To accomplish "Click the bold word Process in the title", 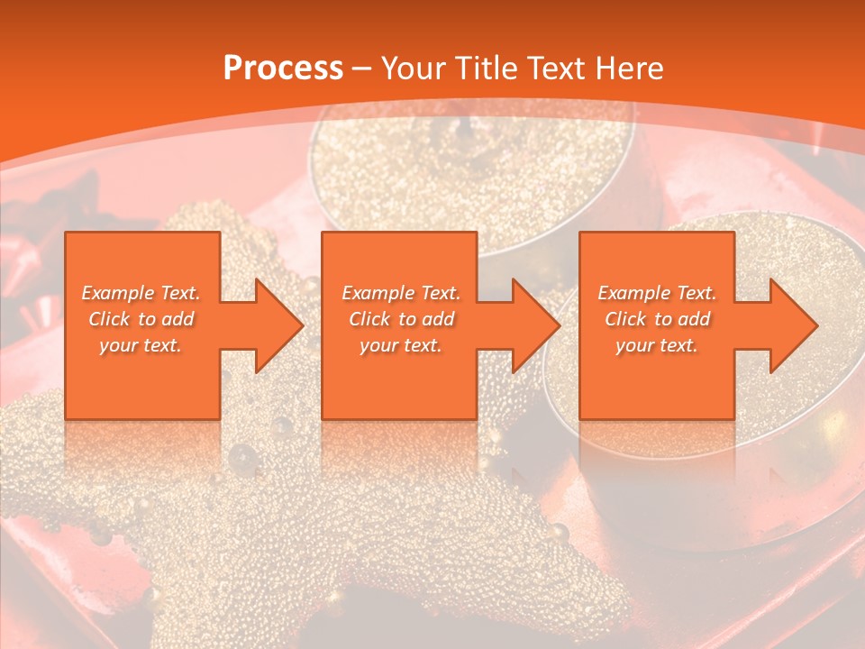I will pyautogui.click(x=283, y=69).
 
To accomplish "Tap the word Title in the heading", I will pyautogui.click(x=481, y=69).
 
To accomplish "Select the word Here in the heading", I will pyautogui.click(x=630, y=69).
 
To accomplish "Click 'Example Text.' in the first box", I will pyautogui.click(x=141, y=293).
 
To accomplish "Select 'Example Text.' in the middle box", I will pyautogui.click(x=400, y=293).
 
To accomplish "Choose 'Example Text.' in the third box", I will pyautogui.click(x=657, y=293).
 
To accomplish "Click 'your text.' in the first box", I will pyautogui.click(x=141, y=345).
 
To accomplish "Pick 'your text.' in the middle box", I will pyautogui.click(x=400, y=345).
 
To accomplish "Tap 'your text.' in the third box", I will pyautogui.click(x=657, y=345).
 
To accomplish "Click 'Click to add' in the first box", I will pyautogui.click(x=141, y=319).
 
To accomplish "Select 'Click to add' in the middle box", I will pyautogui.click(x=400, y=319).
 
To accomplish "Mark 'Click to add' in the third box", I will pyautogui.click(x=657, y=319).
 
